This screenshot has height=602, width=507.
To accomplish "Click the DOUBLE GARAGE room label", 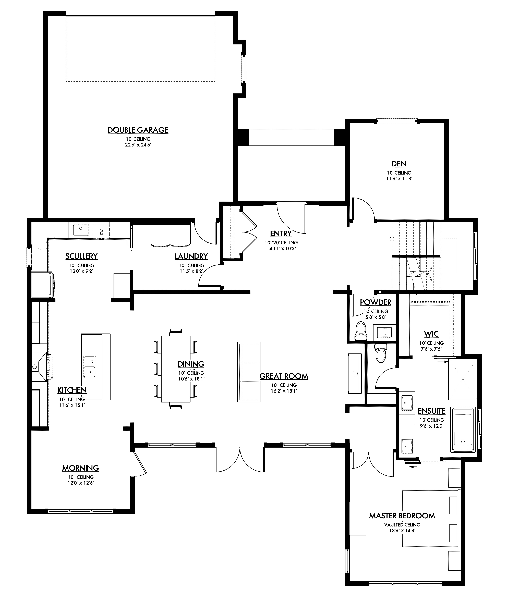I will pyautogui.click(x=138, y=130).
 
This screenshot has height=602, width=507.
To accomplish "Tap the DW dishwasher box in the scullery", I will pyautogui.click(x=101, y=231).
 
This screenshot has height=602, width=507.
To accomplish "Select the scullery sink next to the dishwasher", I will pyautogui.click(x=80, y=230).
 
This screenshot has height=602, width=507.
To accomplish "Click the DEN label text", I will pyautogui.click(x=399, y=164).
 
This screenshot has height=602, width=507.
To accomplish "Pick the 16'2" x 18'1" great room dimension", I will pyautogui.click(x=284, y=391).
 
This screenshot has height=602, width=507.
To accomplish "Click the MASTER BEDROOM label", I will pyautogui.click(x=402, y=516).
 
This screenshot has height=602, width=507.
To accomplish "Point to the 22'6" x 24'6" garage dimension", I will pyautogui.click(x=138, y=145).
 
